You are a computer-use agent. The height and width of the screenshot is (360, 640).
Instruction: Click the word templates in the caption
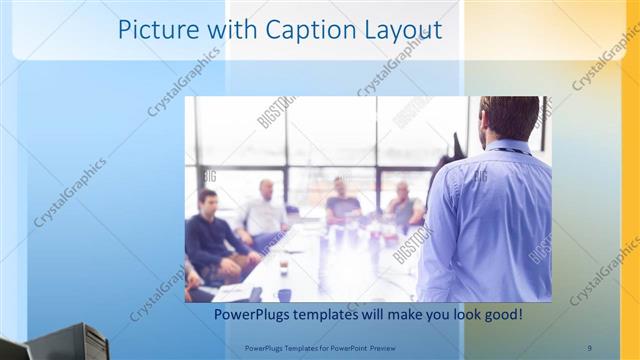[x=335, y=315]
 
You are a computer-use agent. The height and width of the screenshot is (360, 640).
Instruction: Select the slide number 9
[x=589, y=347]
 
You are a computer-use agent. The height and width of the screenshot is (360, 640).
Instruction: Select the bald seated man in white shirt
[x=264, y=210]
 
